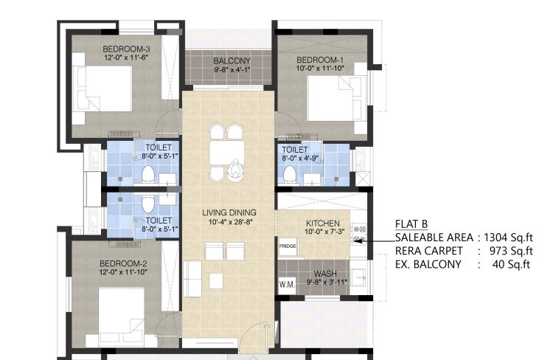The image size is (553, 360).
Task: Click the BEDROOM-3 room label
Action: coord(126,49)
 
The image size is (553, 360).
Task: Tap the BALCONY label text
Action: coord(232,61)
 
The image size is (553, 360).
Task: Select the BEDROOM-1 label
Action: coord(319,60)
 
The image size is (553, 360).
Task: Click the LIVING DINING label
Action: coord(229,212)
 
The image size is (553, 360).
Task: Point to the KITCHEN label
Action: coord(323,224)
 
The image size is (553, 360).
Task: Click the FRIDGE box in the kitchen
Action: coord(288,246)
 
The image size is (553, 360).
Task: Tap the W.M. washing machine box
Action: coord(287,285)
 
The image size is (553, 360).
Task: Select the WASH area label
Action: coord(325,274)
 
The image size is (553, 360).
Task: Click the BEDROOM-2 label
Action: coord(123,263)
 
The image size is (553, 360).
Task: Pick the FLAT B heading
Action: coord(411,224)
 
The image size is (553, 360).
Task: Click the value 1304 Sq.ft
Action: coord(508,238)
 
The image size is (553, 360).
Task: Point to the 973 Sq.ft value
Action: coord(511,251)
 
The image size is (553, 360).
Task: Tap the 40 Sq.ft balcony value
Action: coord(511,264)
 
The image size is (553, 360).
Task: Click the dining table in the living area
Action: coord(227,153)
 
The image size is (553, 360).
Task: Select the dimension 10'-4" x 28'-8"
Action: coord(231,221)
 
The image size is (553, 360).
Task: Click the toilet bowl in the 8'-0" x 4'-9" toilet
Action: coord(289,173)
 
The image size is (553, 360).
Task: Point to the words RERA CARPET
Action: coord(428,251)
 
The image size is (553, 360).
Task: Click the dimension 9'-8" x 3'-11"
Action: coord(327,282)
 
